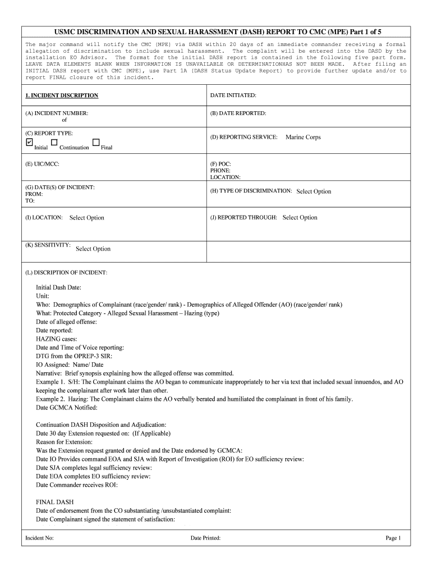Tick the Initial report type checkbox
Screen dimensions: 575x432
(x=29, y=143)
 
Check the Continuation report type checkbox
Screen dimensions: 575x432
(x=54, y=143)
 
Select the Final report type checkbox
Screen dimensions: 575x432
(x=96, y=143)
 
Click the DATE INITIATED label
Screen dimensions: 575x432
(x=233, y=95)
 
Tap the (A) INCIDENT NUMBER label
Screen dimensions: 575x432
(x=57, y=113)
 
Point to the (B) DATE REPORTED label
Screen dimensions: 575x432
(x=238, y=113)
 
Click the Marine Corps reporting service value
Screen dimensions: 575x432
(x=303, y=137)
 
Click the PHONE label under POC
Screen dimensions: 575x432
(x=220, y=171)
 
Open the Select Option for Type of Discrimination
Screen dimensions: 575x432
(x=314, y=191)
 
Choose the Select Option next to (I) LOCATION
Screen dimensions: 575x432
(x=86, y=218)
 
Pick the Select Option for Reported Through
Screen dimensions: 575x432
(x=300, y=217)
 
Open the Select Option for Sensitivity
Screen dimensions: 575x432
(x=93, y=249)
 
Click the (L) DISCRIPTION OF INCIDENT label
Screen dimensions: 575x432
(x=66, y=273)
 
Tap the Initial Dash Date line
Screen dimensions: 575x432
(x=59, y=287)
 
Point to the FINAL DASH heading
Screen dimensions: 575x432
(x=54, y=501)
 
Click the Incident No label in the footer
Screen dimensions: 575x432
(x=39, y=538)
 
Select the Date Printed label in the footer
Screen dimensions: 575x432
(x=205, y=538)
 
